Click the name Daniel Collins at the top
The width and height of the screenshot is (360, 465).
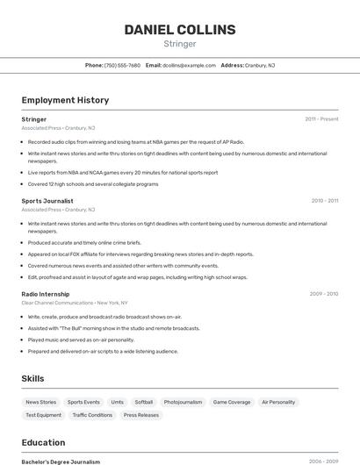[180, 30]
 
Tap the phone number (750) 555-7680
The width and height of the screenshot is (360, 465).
[122, 65]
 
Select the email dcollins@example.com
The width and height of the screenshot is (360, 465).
[189, 65]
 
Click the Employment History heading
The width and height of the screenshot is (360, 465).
[65, 100]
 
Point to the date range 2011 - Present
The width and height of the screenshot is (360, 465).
[321, 119]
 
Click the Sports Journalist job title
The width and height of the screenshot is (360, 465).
[47, 201]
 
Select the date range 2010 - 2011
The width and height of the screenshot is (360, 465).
[324, 201]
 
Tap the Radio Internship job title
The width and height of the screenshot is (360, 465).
[46, 294]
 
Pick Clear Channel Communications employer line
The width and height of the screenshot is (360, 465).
[75, 303]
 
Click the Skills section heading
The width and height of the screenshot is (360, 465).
[33, 378]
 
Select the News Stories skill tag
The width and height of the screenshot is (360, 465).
[40, 402]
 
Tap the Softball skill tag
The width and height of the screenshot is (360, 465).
[144, 402]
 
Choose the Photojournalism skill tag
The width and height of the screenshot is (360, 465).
[183, 402]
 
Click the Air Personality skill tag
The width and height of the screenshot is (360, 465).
[278, 402]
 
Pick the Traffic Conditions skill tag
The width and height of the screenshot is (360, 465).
[92, 415]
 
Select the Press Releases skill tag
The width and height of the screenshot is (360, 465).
[141, 415]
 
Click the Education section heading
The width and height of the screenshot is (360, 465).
[44, 442]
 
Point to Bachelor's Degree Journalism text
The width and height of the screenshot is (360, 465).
[61, 461]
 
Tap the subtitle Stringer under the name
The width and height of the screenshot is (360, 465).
[180, 44]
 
